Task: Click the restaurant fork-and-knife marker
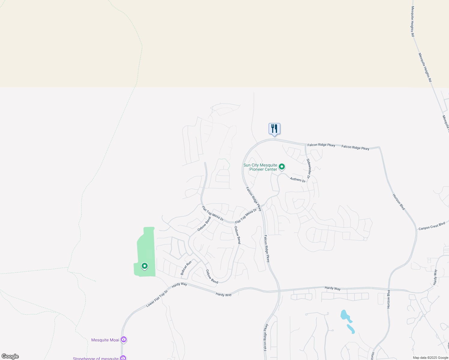click(274, 129)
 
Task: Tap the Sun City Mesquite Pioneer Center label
click(260, 167)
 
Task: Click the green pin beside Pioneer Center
click(282, 166)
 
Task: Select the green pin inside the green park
click(145, 266)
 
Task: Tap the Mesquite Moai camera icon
click(124, 340)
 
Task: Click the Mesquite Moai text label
click(105, 340)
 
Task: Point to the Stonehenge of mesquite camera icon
click(123, 358)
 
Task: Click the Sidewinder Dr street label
click(309, 167)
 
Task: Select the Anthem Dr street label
click(298, 179)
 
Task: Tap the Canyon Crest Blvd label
click(432, 226)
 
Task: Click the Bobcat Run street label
click(186, 268)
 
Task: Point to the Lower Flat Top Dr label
click(157, 298)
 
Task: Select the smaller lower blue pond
click(351, 329)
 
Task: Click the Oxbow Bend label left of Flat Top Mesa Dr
click(204, 224)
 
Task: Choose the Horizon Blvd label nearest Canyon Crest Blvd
click(399, 202)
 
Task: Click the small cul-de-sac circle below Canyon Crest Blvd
click(365, 239)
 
